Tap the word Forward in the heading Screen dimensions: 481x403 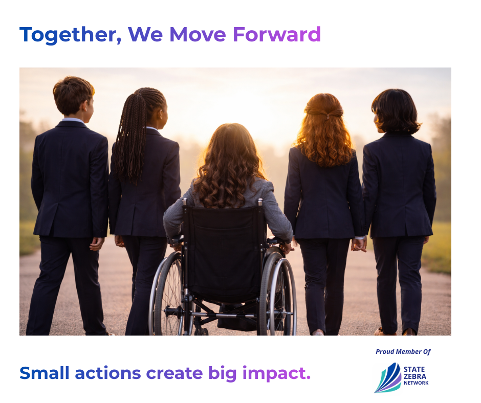(277, 34)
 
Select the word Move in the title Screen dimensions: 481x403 (198, 34)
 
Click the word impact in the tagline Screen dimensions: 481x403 (276, 373)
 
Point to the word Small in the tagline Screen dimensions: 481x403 (45, 373)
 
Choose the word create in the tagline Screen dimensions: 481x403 (174, 373)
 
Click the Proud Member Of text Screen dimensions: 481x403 (403, 351)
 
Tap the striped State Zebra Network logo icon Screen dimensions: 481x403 (388, 378)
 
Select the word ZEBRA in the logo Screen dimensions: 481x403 (415, 376)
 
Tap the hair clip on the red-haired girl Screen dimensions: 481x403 (328, 116)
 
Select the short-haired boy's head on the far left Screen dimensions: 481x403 (74, 96)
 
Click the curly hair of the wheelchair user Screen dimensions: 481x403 (229, 166)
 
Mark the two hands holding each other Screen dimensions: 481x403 (359, 244)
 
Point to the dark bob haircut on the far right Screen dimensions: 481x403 (396, 111)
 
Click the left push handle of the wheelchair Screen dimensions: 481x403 (185, 202)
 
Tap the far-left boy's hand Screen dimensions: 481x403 (97, 244)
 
